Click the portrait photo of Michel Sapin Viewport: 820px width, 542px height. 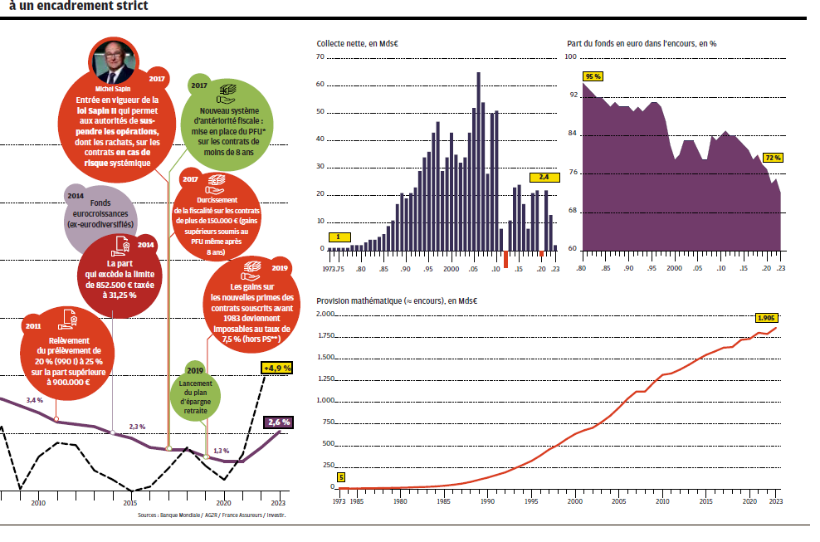coord(113,60)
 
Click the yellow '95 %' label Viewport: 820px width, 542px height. coord(593,76)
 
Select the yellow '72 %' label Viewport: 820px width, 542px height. coord(773,157)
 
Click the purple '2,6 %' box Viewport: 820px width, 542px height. coord(276,422)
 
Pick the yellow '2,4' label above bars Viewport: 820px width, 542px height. coord(544,177)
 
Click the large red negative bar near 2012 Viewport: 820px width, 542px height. coord(505,259)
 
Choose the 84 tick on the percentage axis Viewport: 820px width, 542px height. coord(571,134)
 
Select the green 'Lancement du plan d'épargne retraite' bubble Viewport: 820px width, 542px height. coord(195,389)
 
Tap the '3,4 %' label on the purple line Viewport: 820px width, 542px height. coord(34,401)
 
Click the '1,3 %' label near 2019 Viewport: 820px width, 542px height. coord(221,451)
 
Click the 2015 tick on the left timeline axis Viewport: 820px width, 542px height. coord(130,502)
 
